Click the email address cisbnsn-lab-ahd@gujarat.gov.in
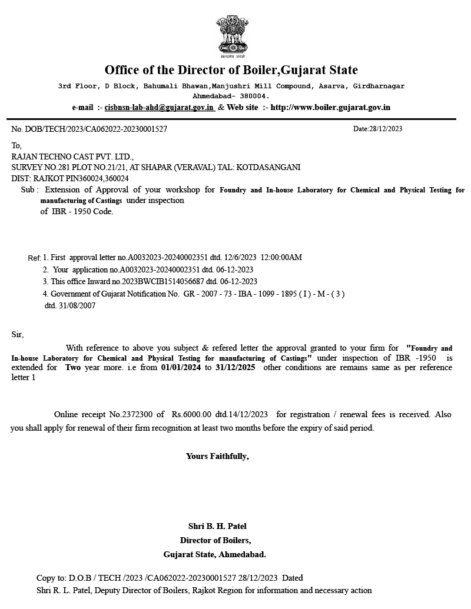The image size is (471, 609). (x=159, y=108)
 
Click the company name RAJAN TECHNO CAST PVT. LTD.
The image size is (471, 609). (x=72, y=157)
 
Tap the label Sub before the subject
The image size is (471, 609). (x=28, y=190)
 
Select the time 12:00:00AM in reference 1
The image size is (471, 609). (x=281, y=257)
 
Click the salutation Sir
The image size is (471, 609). (x=18, y=335)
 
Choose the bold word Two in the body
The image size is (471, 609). (x=73, y=367)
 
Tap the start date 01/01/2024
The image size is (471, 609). (x=181, y=367)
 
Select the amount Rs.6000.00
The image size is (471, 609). (x=190, y=414)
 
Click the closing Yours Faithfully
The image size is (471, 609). (x=217, y=456)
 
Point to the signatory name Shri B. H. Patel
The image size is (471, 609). (x=217, y=526)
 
